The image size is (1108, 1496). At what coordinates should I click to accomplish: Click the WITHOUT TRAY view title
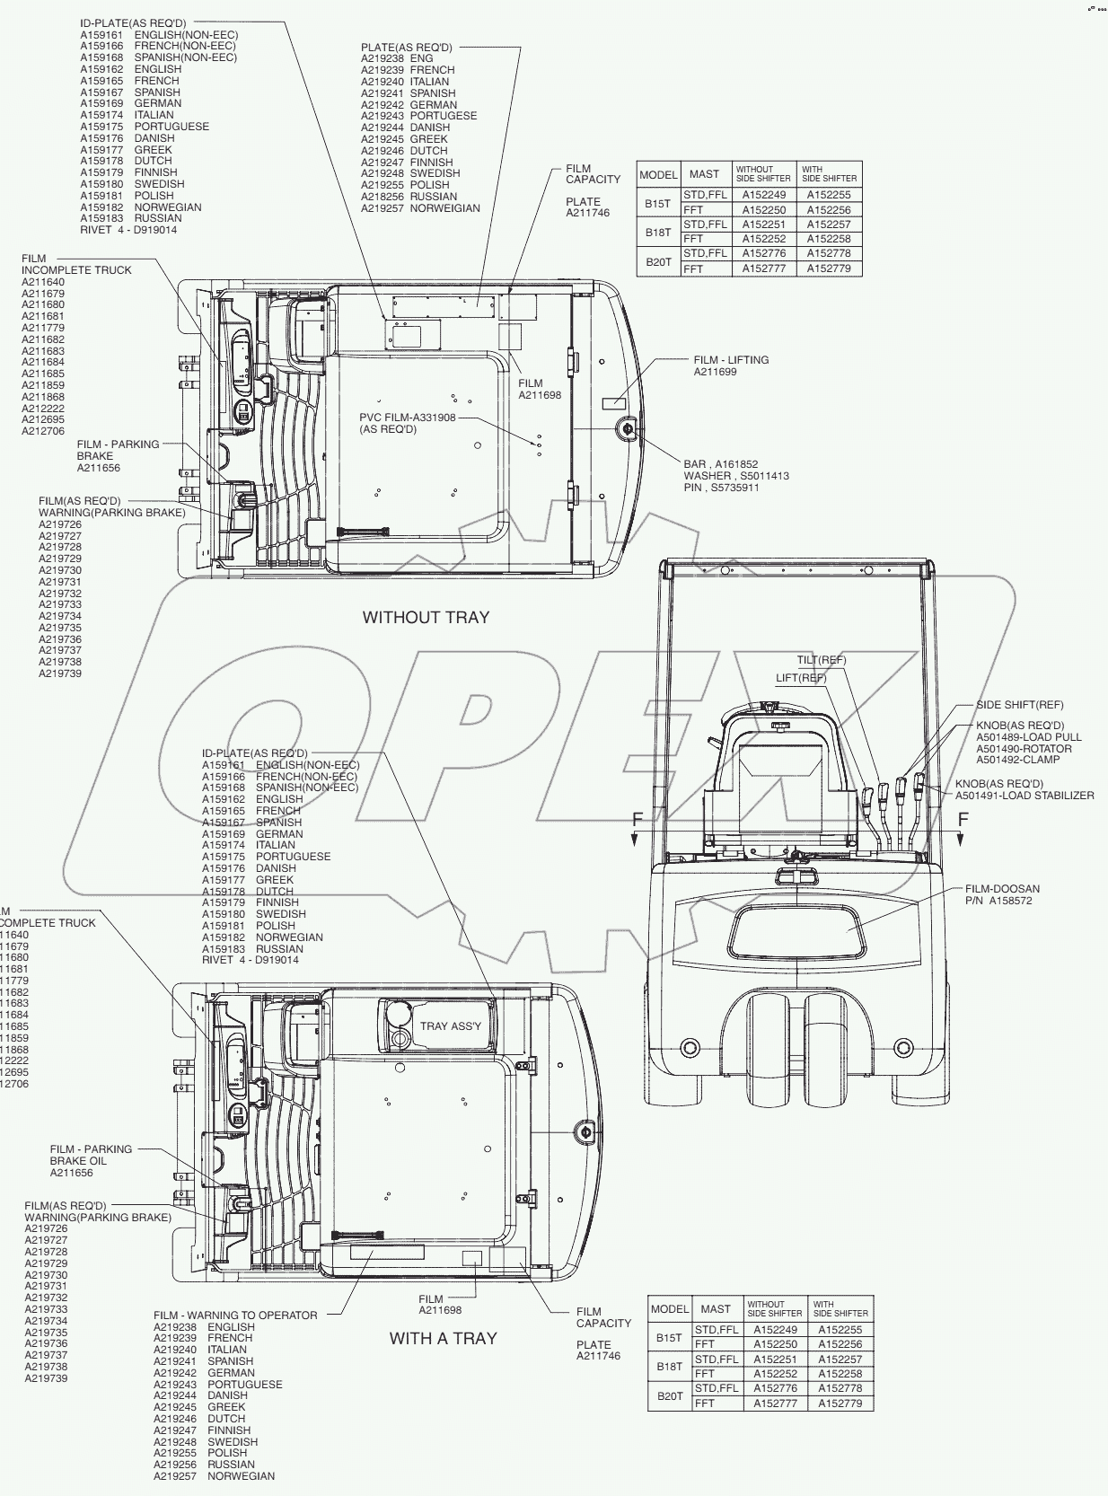click(x=426, y=617)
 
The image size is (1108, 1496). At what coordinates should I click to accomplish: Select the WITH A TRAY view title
click(x=443, y=1338)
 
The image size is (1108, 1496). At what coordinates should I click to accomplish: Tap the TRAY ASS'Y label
click(x=451, y=1026)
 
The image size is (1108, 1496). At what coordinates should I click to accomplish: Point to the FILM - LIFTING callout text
click(x=731, y=360)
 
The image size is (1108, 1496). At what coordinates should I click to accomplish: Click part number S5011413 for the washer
click(x=764, y=476)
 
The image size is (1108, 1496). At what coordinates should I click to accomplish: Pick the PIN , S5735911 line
click(x=721, y=488)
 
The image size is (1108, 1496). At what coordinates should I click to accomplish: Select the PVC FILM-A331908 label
click(x=408, y=418)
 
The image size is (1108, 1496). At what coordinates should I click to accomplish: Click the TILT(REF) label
click(x=821, y=661)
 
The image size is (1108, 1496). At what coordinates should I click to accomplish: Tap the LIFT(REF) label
click(x=801, y=678)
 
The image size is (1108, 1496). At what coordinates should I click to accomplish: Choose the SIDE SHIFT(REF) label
click(x=1019, y=705)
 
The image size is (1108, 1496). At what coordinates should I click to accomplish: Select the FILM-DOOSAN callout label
click(x=1002, y=889)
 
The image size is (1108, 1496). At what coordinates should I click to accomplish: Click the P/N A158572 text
click(x=998, y=901)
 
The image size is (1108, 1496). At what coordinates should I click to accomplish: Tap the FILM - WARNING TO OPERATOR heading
click(x=235, y=1316)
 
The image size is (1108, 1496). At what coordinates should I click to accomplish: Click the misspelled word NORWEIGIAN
click(x=445, y=208)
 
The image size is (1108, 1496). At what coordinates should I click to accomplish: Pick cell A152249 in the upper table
click(x=763, y=195)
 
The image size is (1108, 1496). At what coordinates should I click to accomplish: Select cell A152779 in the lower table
click(x=840, y=1403)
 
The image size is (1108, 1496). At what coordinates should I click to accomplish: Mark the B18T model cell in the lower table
click(x=669, y=1367)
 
